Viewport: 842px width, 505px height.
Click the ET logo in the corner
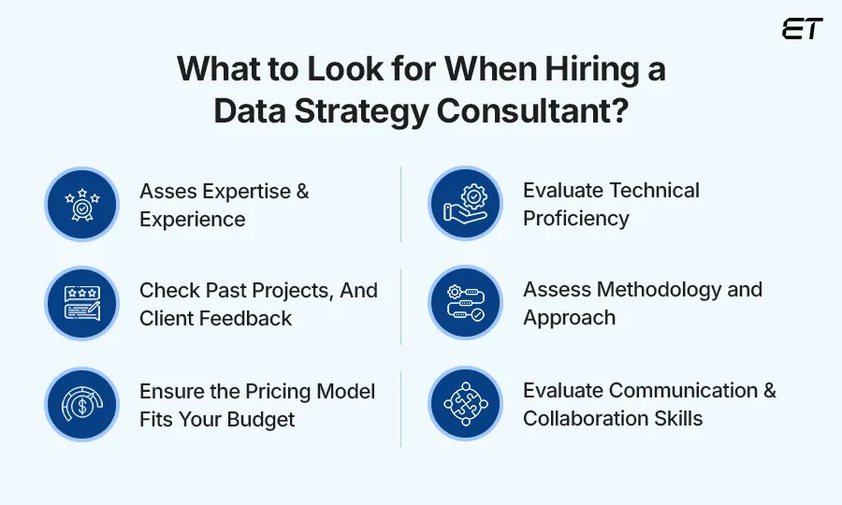(x=802, y=29)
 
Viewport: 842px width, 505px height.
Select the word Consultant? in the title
(x=533, y=111)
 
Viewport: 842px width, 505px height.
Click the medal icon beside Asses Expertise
(x=82, y=204)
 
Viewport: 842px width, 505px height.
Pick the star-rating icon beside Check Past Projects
(x=82, y=304)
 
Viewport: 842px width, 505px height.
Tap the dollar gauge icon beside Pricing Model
(x=82, y=404)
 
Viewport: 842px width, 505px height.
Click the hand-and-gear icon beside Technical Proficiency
(x=465, y=204)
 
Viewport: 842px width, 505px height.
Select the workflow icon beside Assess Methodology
(x=465, y=304)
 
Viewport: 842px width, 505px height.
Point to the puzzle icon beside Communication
(x=465, y=404)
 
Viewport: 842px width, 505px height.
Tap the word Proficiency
(x=575, y=219)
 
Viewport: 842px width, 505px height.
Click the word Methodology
(x=654, y=290)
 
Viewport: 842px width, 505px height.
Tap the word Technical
(x=653, y=191)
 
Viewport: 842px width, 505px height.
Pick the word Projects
(x=280, y=291)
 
